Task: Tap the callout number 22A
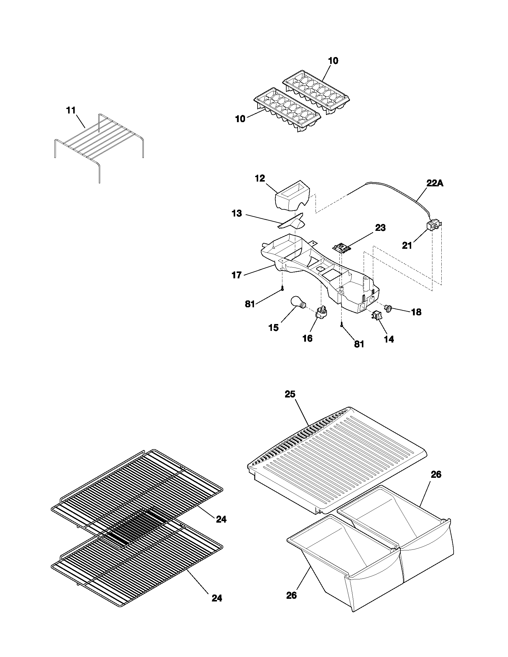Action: (434, 183)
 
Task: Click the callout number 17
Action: (237, 275)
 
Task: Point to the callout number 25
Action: (290, 394)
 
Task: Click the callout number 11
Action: (71, 110)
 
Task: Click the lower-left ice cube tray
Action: (286, 110)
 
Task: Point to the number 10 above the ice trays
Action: (333, 61)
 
